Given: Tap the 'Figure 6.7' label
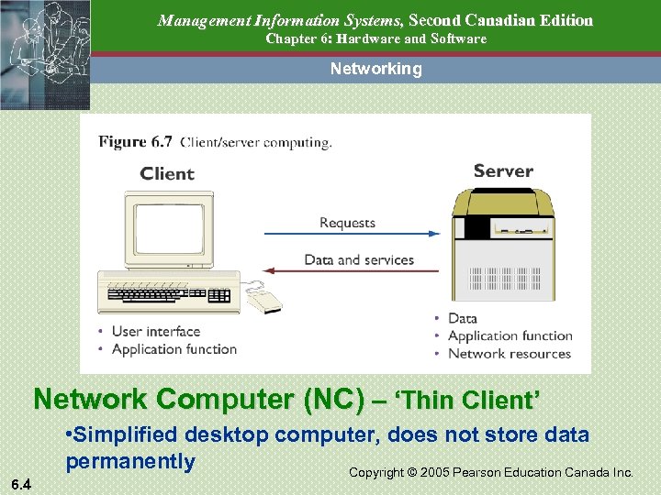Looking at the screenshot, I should [135, 142].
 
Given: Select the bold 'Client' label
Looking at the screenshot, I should [167, 174].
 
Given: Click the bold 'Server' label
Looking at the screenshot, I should [503, 170].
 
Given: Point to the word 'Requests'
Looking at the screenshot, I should [347, 223].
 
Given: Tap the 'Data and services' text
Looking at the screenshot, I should [359, 259].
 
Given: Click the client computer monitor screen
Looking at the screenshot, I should [169, 229].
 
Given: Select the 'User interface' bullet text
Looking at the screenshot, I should [155, 331].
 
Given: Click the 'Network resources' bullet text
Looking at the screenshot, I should [509, 354].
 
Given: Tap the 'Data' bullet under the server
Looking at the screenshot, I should [462, 318].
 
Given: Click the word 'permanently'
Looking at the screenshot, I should [130, 460].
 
